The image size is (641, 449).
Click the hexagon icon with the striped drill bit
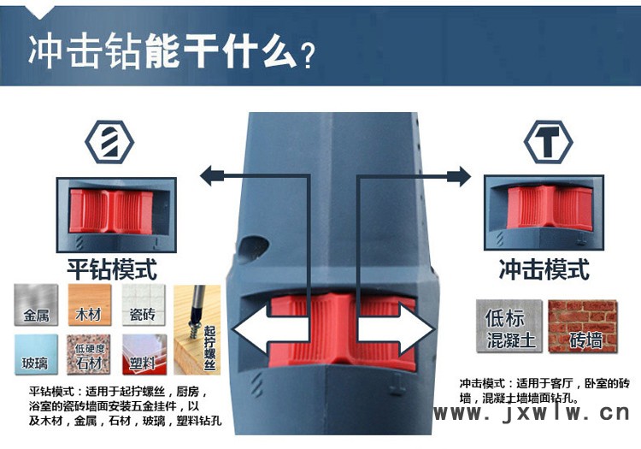[x=109, y=142]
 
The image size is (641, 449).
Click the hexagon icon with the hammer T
[x=548, y=142]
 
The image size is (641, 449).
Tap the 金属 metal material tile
[x=36, y=304]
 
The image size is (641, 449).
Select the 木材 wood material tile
[x=90, y=304]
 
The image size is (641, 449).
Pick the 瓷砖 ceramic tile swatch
[x=144, y=304]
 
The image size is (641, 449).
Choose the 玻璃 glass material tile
[x=36, y=354]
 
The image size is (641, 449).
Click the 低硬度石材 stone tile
[x=90, y=354]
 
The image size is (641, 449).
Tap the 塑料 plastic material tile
[x=144, y=354]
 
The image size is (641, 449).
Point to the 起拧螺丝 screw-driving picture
[x=197, y=329]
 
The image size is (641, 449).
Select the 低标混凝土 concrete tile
[x=509, y=326]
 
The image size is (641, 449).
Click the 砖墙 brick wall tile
[x=583, y=326]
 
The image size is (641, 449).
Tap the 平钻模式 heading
[x=112, y=269]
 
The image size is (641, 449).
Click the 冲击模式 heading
[x=544, y=269]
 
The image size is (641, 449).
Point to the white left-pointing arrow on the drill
[x=271, y=328]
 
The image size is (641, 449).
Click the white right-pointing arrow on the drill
[x=396, y=328]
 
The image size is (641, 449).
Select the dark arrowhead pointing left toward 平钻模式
[x=210, y=176]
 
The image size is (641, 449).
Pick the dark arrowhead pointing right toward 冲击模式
[x=460, y=176]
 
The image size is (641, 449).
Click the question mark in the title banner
[x=308, y=56]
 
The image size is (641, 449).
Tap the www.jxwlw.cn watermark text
[x=532, y=412]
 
